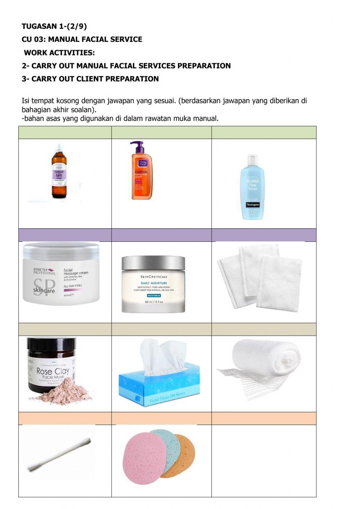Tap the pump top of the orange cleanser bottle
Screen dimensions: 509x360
[x=137, y=146]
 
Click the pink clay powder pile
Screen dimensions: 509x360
[x=63, y=393]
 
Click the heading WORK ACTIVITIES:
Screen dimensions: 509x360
[x=59, y=53]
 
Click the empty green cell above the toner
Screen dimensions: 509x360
[x=264, y=133]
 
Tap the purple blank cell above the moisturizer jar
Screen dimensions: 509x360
[x=161, y=235]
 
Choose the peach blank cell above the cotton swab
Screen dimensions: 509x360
[x=65, y=419]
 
